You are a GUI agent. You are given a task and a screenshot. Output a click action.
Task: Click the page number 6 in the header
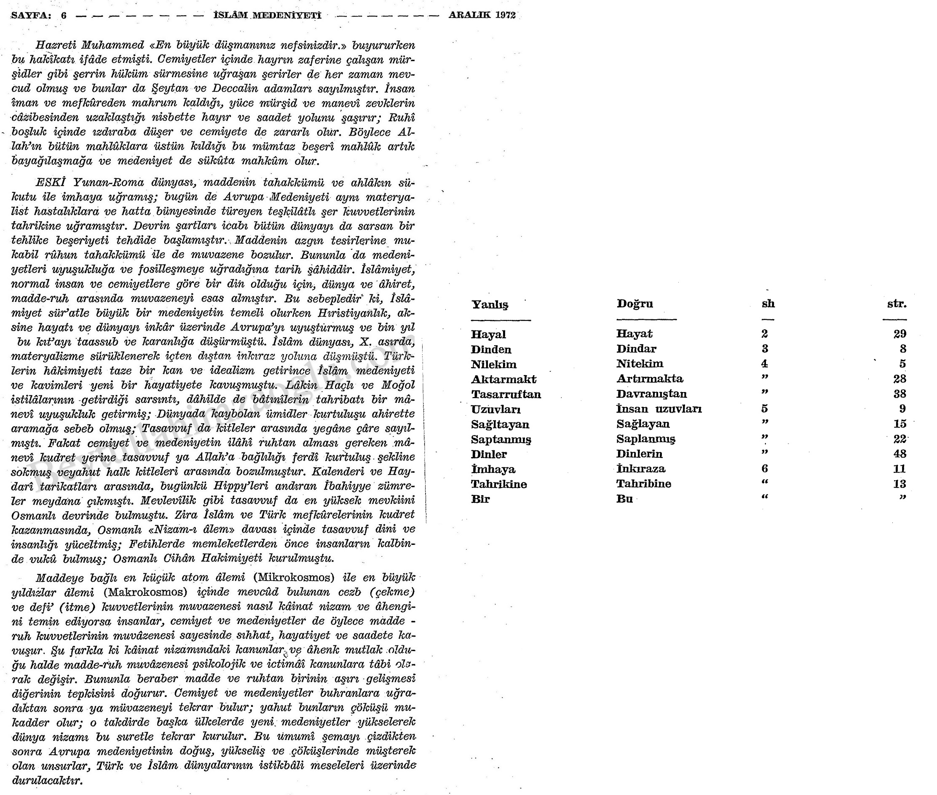(x=64, y=15)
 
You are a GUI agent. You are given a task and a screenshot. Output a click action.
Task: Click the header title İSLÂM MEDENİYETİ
(x=267, y=15)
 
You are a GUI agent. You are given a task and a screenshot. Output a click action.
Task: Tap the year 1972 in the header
(x=505, y=15)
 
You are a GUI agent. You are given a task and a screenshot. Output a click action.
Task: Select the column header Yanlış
(x=490, y=305)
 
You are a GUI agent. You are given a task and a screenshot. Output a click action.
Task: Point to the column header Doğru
(x=635, y=304)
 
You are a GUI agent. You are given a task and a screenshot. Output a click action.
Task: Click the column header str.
(x=897, y=304)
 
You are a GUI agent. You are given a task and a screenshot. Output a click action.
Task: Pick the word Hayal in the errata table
(x=488, y=334)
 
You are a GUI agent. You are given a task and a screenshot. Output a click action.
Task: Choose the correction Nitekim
(x=640, y=364)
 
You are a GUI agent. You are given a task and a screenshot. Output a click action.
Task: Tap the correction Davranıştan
(x=652, y=394)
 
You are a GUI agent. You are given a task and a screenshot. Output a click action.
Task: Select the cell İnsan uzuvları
(x=659, y=409)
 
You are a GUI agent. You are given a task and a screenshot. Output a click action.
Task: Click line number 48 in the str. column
(x=900, y=454)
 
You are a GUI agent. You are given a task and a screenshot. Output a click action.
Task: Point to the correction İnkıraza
(x=641, y=469)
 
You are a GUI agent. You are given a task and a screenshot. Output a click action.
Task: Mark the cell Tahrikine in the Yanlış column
(x=499, y=484)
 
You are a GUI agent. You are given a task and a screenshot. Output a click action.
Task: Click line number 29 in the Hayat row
(x=900, y=334)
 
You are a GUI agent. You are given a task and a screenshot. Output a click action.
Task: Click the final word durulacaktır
(x=46, y=780)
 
